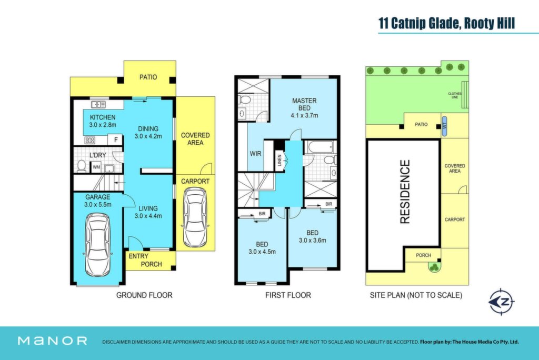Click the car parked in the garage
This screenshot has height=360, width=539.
(x=97, y=244)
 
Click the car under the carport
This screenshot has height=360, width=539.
(x=195, y=217)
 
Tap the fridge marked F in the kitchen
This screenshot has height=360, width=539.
(x=116, y=139)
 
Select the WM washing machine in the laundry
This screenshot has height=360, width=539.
(x=96, y=167)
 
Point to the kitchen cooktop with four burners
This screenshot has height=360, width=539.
(x=90, y=140)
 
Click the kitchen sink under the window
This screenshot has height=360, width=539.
(x=98, y=104)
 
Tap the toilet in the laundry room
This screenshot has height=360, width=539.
(x=82, y=166)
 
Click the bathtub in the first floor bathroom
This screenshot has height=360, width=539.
(x=321, y=147)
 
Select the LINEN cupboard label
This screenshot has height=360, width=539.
(x=280, y=160)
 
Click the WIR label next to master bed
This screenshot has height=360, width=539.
(x=255, y=153)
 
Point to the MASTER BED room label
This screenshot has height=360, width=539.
(x=304, y=104)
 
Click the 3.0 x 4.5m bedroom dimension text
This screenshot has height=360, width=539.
(x=262, y=252)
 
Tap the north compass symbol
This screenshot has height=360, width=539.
(x=501, y=302)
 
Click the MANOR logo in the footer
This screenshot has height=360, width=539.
(x=52, y=341)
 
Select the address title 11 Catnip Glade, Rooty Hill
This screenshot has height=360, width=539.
(x=446, y=23)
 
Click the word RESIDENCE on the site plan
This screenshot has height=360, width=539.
(x=405, y=192)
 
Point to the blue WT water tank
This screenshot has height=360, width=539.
(x=444, y=126)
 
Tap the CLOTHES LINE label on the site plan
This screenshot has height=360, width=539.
(x=455, y=95)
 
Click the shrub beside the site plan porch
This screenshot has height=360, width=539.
(x=434, y=267)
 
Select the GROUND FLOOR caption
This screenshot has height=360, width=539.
(x=144, y=295)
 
